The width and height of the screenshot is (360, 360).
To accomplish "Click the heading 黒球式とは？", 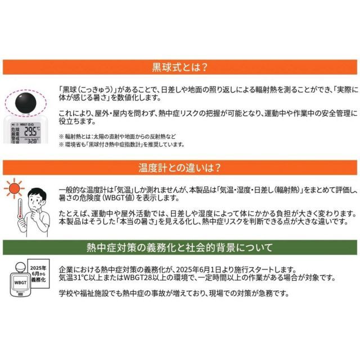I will pyautogui.click(x=180, y=67).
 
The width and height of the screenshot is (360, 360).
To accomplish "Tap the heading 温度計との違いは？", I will pyautogui.click(x=180, y=167).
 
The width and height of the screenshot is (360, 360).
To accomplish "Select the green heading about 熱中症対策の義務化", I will pyautogui.click(x=180, y=247).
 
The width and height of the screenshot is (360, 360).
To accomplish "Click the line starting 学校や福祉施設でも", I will pyautogui.click(x=169, y=294).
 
